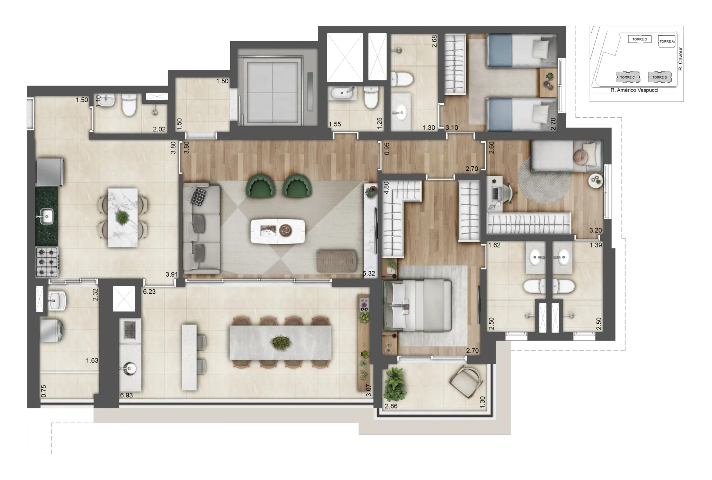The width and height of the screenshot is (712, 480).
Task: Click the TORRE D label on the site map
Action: tap(639, 39)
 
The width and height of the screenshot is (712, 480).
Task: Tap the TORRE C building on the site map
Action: tap(627, 77)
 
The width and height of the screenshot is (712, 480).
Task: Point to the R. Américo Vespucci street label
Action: tap(634, 90)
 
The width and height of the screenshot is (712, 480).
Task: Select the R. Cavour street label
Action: tap(680, 59)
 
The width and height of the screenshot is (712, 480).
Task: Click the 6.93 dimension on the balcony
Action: tap(126, 395)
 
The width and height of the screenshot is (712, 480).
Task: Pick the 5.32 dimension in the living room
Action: tap(369, 274)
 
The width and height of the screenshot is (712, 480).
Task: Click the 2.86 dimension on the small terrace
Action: tap(391, 406)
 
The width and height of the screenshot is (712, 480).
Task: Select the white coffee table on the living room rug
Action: tap(278, 231)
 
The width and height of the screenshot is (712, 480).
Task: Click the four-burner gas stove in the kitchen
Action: tap(47, 262)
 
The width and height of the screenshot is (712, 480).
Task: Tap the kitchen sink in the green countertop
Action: tap(47, 216)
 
